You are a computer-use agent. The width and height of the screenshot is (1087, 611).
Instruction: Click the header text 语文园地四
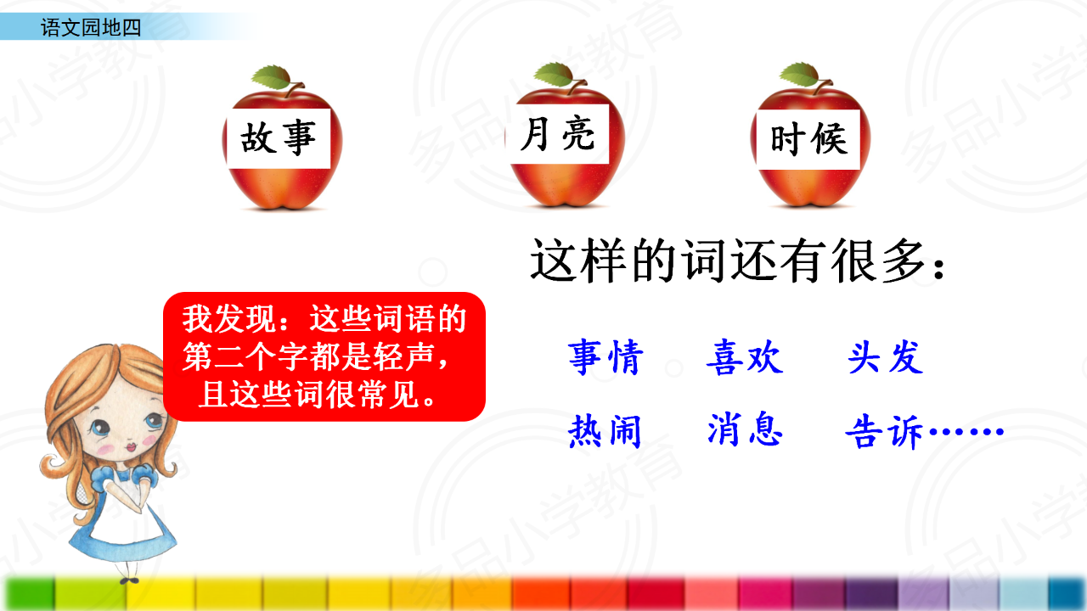pyautogui.click(x=91, y=27)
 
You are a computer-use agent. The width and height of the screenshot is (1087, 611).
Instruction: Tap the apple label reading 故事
pyautogui.click(x=278, y=138)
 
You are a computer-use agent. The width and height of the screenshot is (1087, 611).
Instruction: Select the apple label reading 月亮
pyautogui.click(x=557, y=134)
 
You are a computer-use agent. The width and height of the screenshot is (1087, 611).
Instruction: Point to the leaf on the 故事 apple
pyautogui.click(x=272, y=76)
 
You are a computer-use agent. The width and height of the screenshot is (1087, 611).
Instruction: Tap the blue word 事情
pyautogui.click(x=606, y=358)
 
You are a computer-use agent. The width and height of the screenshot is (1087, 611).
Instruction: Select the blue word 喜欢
pyautogui.click(x=745, y=358)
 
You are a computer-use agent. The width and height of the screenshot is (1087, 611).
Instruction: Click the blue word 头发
pyautogui.click(x=886, y=357)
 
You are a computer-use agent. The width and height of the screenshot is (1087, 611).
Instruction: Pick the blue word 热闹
pyautogui.click(x=605, y=430)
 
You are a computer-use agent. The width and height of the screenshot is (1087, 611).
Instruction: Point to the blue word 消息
pyautogui.click(x=745, y=429)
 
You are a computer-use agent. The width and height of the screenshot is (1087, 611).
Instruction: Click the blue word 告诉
pyautogui.click(x=884, y=431)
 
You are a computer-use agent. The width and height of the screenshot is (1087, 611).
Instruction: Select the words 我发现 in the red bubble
pyautogui.click(x=229, y=319)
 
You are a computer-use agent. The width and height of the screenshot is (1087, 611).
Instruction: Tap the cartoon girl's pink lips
pyautogui.click(x=131, y=446)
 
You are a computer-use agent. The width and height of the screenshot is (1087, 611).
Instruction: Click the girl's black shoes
pyautogui.click(x=129, y=580)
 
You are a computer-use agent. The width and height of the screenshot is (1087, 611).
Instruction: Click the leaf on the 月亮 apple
pyautogui.click(x=554, y=74)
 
